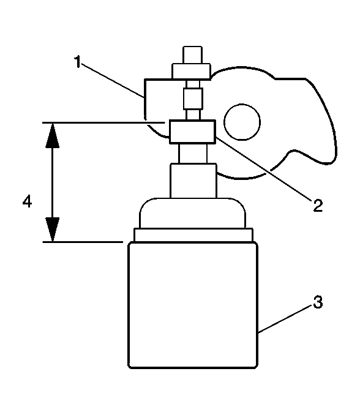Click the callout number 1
pos(77,62)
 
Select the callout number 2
pos(318,205)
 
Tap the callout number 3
pos(318,302)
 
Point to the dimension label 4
pos(28,201)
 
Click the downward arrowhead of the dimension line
pos(53,229)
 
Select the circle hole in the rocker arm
pos(242,122)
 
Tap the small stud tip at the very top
pos(193,55)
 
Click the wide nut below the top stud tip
pos(192,71)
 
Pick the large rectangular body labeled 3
pos(193,305)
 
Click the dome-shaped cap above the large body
pos(192,213)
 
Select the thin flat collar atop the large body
pos(193,235)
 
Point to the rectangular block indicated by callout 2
pos(192,132)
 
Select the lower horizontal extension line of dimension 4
pos(83,242)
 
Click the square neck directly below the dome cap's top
pos(193,181)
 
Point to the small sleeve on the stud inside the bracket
pos(193,99)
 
